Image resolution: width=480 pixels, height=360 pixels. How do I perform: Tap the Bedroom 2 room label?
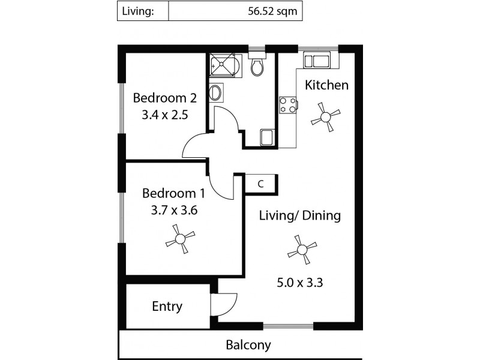pos(165,98)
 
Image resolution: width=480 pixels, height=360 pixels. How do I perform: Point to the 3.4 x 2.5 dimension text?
pos(165,115)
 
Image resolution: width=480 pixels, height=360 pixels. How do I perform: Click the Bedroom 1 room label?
pos(173,193)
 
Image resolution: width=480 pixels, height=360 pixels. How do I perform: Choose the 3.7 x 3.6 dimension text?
pos(173,211)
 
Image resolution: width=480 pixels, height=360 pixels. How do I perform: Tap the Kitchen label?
pos(326,85)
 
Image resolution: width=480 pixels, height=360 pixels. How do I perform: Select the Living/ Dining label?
pos(299,215)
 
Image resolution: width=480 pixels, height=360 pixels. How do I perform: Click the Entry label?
pos(167,307)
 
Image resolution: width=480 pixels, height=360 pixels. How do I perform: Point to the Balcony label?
pos(248,345)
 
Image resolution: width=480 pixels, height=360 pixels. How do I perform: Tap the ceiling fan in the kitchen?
pos(326,115)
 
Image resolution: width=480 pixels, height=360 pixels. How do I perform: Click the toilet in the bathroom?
pos(257,67)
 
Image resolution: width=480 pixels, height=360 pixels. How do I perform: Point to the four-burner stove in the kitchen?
pos(286,105)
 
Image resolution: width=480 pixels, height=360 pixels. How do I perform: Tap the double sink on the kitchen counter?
pos(316,60)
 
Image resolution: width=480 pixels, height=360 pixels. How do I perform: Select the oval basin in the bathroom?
pos(215,93)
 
